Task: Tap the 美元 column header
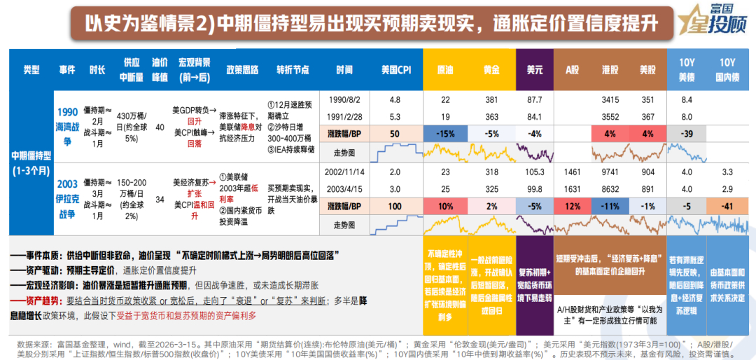[535, 70]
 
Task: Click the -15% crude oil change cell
[446, 134]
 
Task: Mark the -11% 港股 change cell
[610, 207]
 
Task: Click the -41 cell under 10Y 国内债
[728, 207]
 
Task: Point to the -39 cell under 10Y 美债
[687, 134]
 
